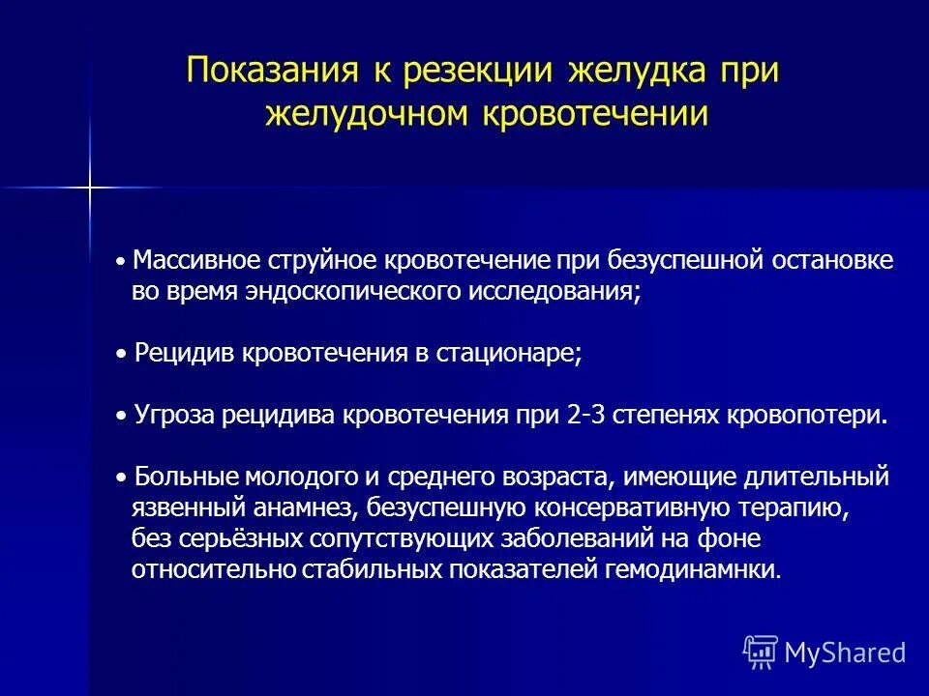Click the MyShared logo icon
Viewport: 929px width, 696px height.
[x=761, y=652]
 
